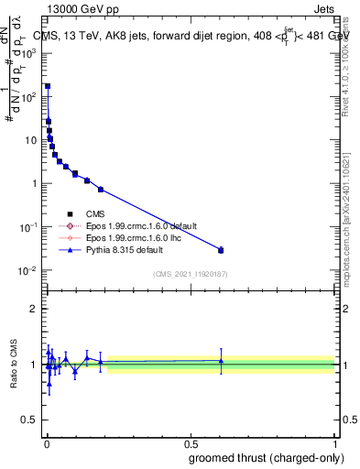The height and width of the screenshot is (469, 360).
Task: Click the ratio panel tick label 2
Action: (34, 309)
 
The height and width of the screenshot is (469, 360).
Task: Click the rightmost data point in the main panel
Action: (221, 250)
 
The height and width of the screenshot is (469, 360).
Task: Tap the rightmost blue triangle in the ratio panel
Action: (221, 361)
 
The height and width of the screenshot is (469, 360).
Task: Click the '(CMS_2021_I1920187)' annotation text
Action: (189, 273)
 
